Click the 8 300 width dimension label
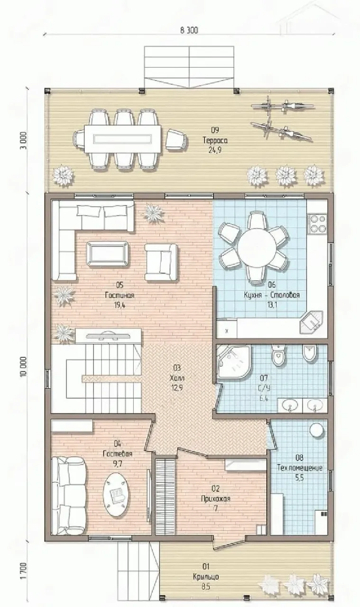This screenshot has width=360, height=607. point(189,30)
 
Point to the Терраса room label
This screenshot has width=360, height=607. point(215,140)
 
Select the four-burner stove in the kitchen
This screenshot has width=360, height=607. point(317,223)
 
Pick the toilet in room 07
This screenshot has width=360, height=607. point(279,356)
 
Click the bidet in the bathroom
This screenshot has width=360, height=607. point(310,353)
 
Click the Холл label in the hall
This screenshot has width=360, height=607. point(176,378)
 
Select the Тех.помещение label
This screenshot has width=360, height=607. point(300,468)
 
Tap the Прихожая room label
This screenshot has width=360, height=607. point(215,498)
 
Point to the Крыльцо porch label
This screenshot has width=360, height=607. point(206,576)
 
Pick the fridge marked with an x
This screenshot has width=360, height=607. point(227,329)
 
